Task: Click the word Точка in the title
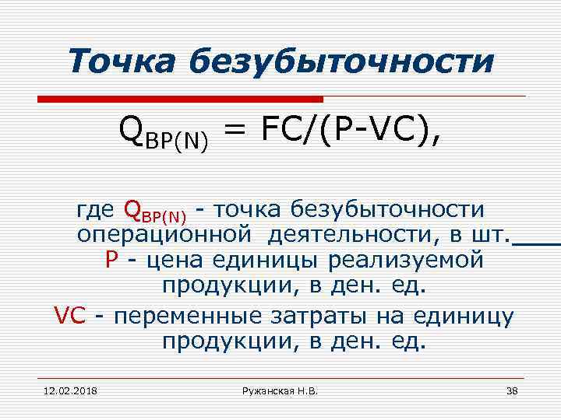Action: pos(125,61)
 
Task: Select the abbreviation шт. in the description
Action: pos(492,234)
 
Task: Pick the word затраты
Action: pos(319,315)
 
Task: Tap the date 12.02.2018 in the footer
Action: pos(65,390)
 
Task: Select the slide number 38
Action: pos(512,390)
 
